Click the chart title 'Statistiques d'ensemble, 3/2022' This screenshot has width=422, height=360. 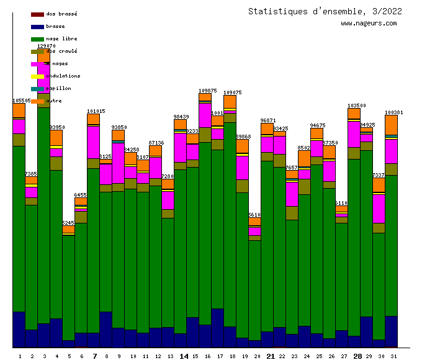click(325, 11)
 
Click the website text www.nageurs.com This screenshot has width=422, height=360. click(369, 24)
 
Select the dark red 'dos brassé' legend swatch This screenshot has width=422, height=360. click(37, 14)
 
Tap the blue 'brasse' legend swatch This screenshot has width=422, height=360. click(37, 26)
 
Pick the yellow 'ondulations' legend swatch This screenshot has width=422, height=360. click(37, 76)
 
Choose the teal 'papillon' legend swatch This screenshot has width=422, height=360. click(37, 88)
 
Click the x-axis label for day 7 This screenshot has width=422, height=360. click(94, 356)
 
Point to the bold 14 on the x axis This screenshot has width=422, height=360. click(184, 356)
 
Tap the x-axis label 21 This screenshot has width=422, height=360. click(271, 356)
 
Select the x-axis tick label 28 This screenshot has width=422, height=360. click(357, 356)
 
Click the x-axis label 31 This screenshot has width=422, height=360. click(393, 356)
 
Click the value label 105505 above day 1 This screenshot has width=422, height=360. click(22, 101)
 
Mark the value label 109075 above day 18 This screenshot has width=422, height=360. click(232, 92)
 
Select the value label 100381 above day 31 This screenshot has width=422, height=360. click(393, 112)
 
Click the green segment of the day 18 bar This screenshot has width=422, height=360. click(230, 223)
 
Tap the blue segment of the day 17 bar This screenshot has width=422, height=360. click(217, 328)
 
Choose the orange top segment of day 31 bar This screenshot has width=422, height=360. click(391, 124)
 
